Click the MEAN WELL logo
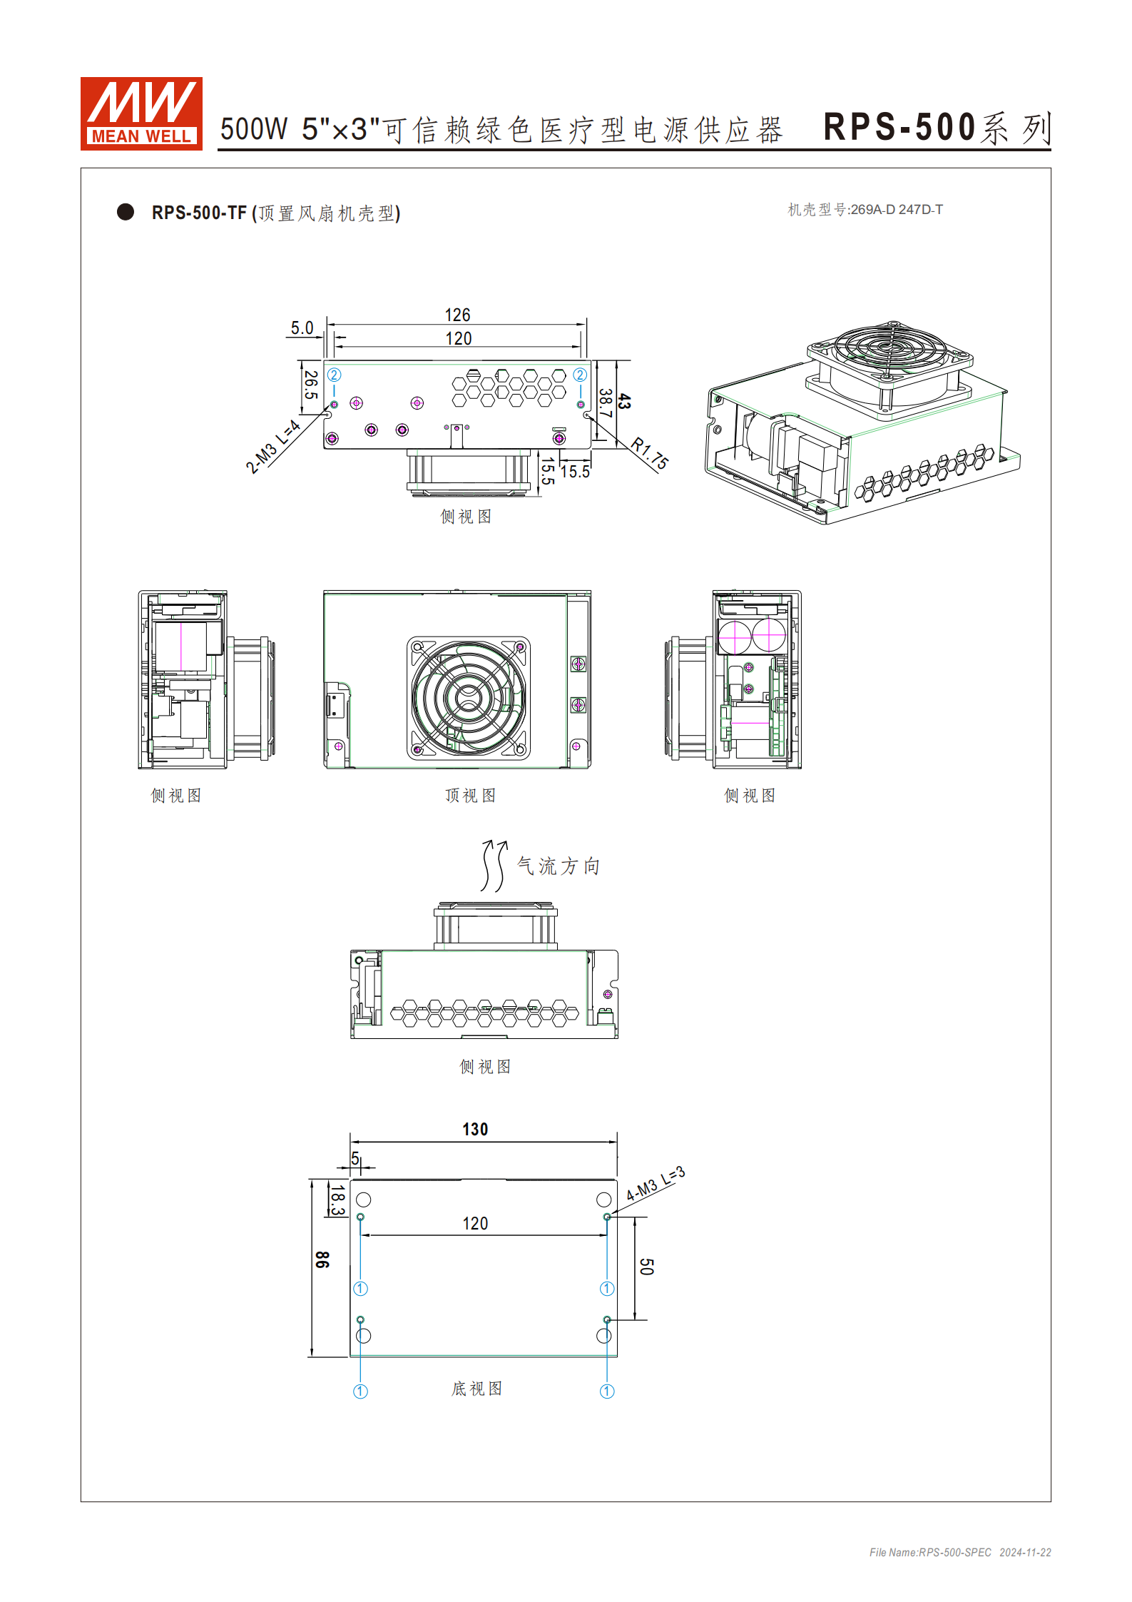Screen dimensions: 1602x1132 (141, 113)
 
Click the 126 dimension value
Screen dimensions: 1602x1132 (457, 315)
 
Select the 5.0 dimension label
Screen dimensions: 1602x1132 (302, 328)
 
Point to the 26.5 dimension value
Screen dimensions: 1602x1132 (310, 385)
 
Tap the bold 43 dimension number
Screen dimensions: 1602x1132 (624, 401)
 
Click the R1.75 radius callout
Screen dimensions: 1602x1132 (650, 454)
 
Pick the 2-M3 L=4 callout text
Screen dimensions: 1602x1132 (272, 447)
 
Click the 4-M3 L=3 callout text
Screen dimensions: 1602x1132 (655, 1183)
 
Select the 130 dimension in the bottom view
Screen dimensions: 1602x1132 (475, 1129)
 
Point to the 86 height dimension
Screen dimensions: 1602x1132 (322, 1259)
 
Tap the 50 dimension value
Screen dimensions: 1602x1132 (646, 1267)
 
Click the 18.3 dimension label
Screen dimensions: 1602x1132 (337, 1200)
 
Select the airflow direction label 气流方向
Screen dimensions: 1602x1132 (558, 866)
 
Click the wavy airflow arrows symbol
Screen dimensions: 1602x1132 (494, 866)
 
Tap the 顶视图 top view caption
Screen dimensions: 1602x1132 (470, 795)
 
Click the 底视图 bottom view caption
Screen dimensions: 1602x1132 (476, 1388)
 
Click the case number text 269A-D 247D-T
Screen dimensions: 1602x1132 (896, 210)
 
